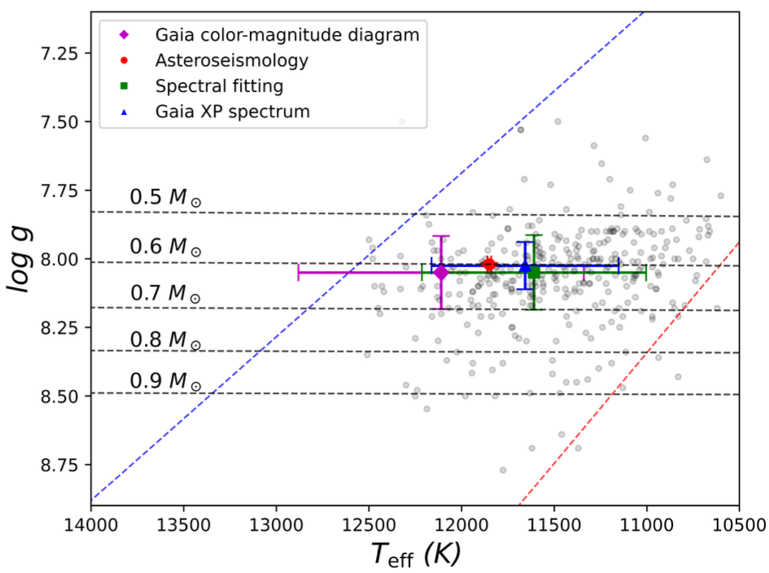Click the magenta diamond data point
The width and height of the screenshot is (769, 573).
click(441, 273)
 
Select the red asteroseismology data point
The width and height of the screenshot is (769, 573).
click(489, 265)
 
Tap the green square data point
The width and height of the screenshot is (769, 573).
click(535, 273)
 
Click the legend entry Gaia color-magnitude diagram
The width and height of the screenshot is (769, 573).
click(287, 35)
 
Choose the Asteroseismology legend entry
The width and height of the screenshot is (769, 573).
click(232, 60)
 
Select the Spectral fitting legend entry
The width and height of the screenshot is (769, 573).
click(219, 85)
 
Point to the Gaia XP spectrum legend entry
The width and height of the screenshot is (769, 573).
click(232, 112)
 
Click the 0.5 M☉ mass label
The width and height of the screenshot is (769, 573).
click(165, 199)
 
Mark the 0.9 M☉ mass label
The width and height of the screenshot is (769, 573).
click(165, 380)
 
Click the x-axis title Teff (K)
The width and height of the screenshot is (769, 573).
click(416, 554)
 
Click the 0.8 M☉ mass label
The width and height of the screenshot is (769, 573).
click(165, 338)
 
